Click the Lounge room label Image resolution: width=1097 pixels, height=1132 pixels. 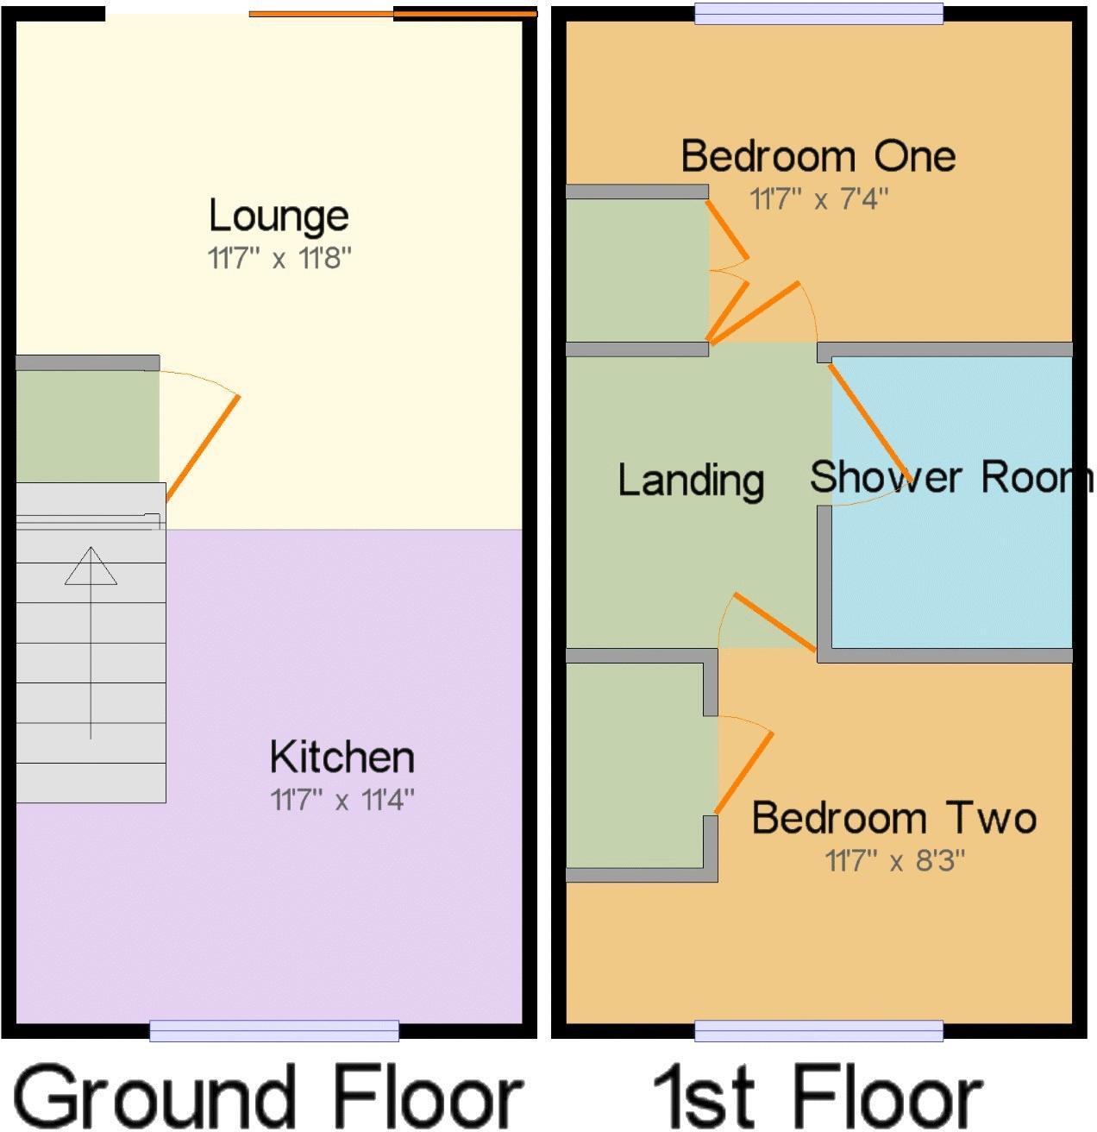click(x=279, y=217)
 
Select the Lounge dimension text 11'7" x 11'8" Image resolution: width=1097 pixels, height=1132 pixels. click(x=279, y=258)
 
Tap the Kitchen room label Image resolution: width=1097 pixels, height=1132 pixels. click(x=342, y=758)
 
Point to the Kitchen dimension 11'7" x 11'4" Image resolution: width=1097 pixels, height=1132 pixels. click(x=342, y=801)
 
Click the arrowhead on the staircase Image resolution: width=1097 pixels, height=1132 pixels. click(x=91, y=566)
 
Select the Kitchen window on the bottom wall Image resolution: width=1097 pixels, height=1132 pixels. click(x=273, y=1029)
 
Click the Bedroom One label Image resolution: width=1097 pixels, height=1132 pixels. click(x=818, y=156)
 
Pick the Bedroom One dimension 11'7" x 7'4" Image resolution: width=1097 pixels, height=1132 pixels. click(x=818, y=199)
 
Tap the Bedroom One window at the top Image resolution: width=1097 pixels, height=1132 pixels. click(x=818, y=13)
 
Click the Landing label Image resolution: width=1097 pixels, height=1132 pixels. click(x=691, y=480)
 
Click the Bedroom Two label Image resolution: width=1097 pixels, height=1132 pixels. click(x=893, y=818)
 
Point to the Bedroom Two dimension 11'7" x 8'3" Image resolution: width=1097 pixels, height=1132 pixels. click(x=894, y=861)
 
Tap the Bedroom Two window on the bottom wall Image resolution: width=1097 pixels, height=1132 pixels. click(x=818, y=1029)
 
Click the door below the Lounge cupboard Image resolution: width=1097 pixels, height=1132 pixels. click(x=202, y=449)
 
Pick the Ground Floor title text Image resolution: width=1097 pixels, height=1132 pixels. click(x=268, y=1096)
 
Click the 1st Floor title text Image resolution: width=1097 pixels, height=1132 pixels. click(x=816, y=1096)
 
